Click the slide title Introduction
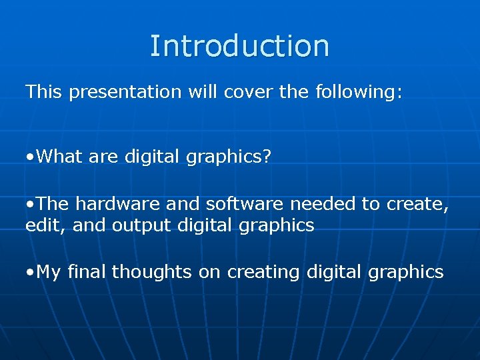pos(239,46)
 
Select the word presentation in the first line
pos(125,92)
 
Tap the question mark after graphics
pos(267,157)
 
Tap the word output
pos(141,226)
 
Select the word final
pos(87,271)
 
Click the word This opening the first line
pos(43,92)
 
